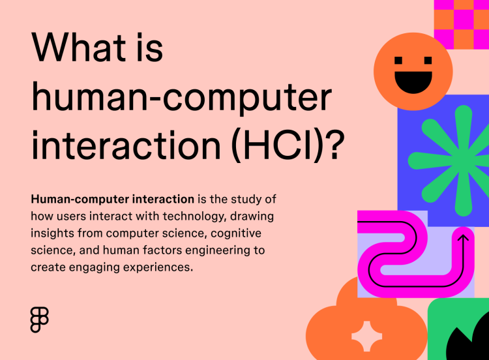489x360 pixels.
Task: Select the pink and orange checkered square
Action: click(x=461, y=23)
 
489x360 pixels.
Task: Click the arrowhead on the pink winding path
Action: click(x=464, y=239)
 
